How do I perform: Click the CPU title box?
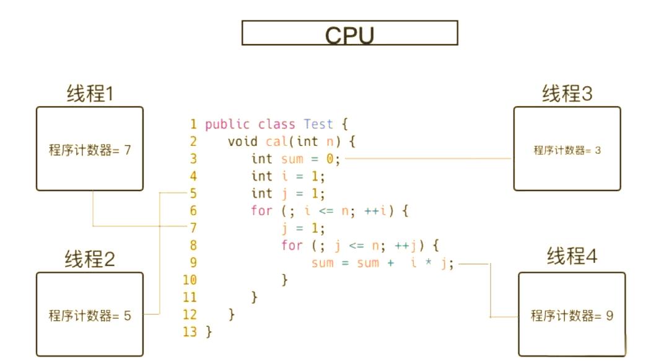point(349,33)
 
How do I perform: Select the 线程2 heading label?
point(90,259)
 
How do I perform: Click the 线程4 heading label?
point(572,256)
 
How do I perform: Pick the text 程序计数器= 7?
point(90,150)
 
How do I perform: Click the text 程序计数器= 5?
point(90,316)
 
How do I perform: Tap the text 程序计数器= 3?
point(567,150)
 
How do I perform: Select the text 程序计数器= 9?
point(572,316)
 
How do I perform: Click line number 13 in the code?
point(190,332)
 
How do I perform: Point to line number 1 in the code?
point(193,124)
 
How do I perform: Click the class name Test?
point(318,124)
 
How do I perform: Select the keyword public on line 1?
point(227,124)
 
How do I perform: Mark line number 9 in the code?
point(193,263)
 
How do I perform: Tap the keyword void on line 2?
point(243,141)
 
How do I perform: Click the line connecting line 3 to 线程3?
point(427,159)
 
